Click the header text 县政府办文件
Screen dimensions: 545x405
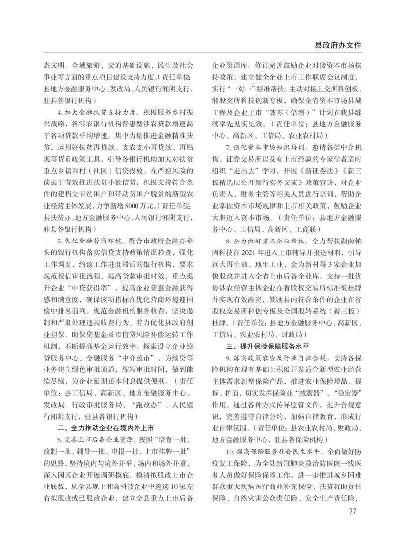point(337,45)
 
